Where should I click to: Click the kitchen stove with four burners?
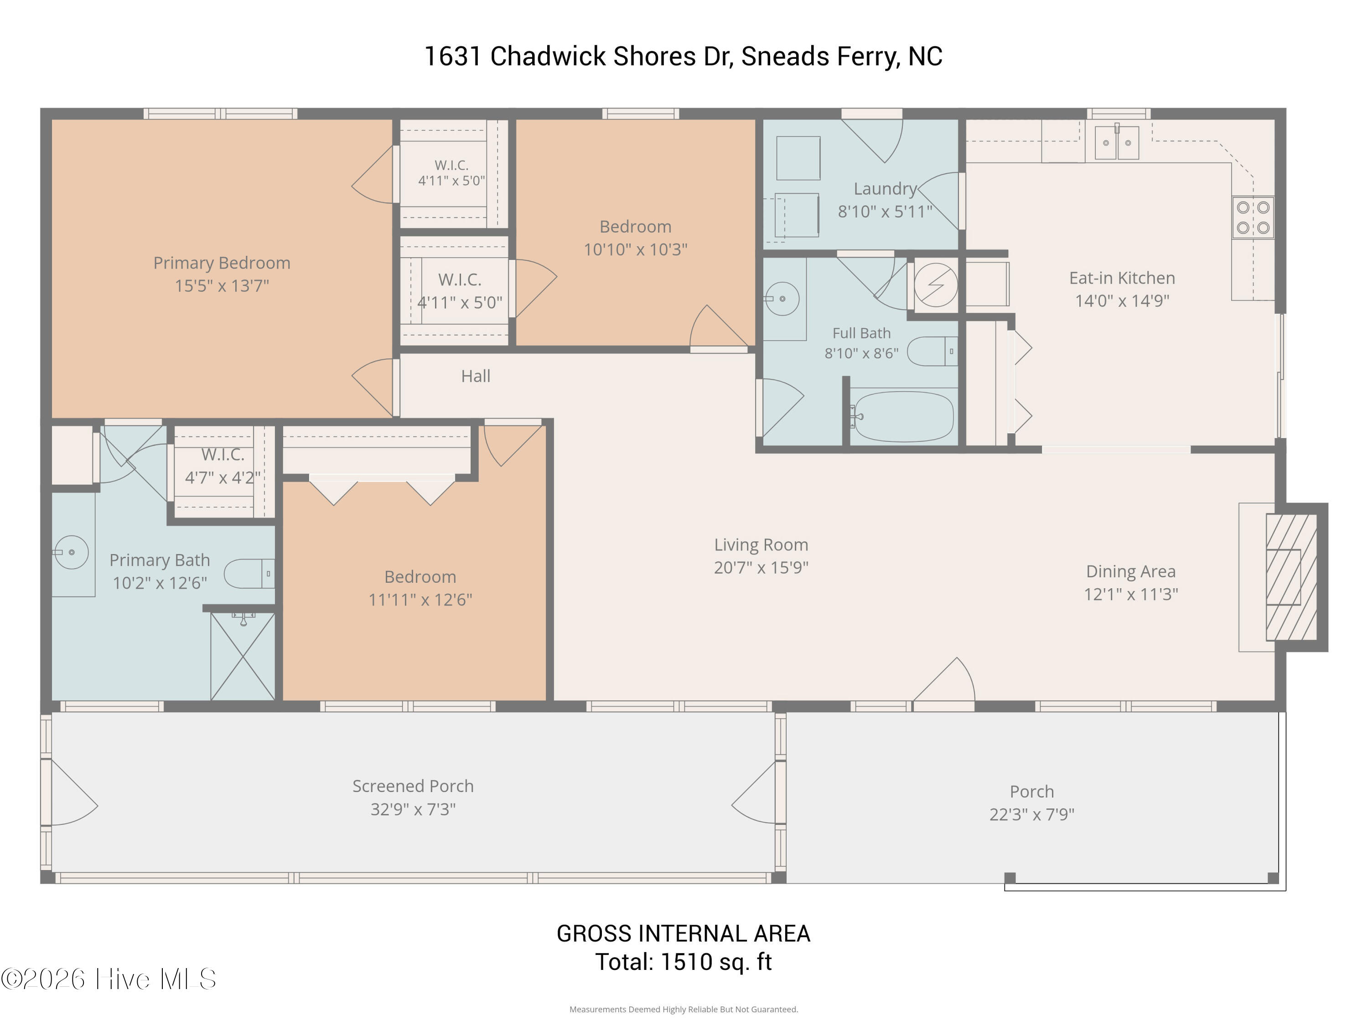coord(1252,217)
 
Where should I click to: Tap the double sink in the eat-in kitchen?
coord(1116,143)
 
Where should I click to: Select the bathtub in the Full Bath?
coord(902,416)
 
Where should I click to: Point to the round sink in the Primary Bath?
coord(72,552)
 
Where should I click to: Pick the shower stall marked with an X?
coord(243,656)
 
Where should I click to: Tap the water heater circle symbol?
coord(936,285)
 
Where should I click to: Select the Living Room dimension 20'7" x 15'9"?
coord(761,567)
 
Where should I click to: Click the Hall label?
coord(476,376)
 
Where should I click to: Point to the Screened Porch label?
coord(413,786)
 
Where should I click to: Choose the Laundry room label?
coord(885,189)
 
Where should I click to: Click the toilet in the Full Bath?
coord(932,351)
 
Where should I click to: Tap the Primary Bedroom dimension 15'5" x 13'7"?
coord(222,286)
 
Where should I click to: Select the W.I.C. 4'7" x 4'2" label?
coord(223,466)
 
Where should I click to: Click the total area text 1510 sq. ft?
coord(716,962)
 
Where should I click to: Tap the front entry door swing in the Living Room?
coord(944,680)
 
